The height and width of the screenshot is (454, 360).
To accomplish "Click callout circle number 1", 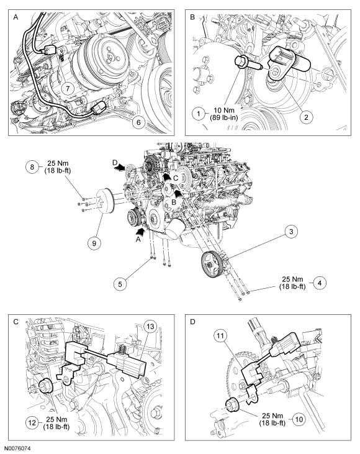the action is (199, 114).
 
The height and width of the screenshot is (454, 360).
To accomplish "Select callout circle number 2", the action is (306, 117).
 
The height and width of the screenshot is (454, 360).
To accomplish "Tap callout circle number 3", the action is (291, 232).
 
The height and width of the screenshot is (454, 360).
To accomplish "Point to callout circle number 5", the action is (120, 284).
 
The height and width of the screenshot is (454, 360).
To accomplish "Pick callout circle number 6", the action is (138, 122).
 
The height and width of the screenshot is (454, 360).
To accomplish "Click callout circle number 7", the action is (68, 88).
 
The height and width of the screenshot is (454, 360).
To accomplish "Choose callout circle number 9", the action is (94, 243).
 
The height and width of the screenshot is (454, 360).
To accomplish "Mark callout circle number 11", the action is (220, 336).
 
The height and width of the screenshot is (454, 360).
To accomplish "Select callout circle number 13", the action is (150, 327).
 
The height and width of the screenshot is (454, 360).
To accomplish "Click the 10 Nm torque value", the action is (224, 111).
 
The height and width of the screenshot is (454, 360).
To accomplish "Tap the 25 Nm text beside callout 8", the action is (58, 163).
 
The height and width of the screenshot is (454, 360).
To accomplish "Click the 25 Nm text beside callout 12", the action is (56, 419).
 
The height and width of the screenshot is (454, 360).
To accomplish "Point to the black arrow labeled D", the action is (120, 167).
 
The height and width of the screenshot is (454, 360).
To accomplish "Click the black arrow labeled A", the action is (140, 231).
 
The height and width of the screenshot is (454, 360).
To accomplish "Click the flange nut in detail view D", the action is (232, 404).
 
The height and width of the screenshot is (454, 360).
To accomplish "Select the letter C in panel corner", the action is (16, 322).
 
